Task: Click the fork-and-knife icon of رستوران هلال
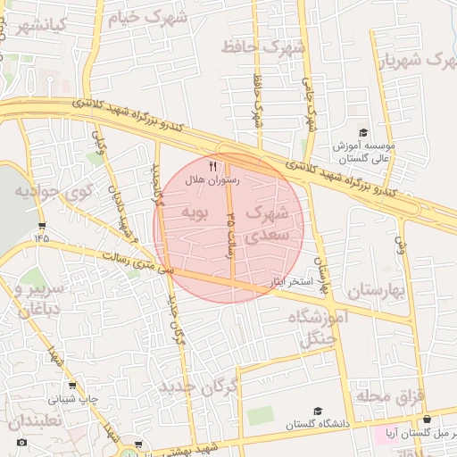click(212, 165)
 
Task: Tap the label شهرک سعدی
click(267, 224)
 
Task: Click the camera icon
click(21, 442)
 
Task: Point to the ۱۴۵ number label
click(41, 237)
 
